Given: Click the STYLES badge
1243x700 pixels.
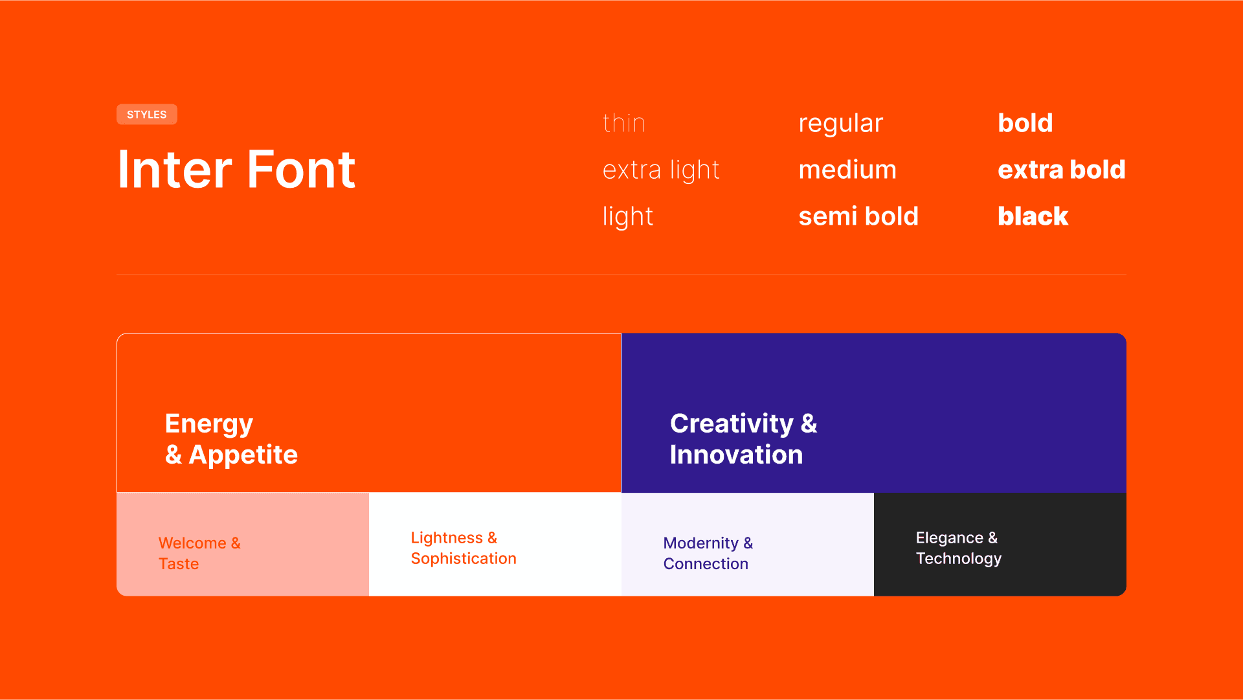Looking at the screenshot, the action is click(x=147, y=115).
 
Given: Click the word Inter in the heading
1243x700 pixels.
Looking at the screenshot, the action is click(x=175, y=170).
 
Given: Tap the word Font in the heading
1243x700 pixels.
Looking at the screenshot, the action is click(x=301, y=170).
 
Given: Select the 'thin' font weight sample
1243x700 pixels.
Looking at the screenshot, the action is click(x=624, y=123).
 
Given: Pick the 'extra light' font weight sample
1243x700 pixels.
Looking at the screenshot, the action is click(x=661, y=170).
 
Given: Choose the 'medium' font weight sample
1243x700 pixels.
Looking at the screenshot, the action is click(x=847, y=170).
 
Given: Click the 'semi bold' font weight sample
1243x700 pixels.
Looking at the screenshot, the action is click(x=858, y=216).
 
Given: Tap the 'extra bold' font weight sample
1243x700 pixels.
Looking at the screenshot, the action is click(x=1062, y=170).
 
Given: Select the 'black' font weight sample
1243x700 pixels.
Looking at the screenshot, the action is click(x=1033, y=216).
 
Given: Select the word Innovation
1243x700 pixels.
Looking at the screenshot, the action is click(x=737, y=455).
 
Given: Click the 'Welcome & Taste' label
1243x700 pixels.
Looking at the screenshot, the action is click(x=199, y=553).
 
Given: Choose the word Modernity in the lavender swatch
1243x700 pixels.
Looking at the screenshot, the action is click(x=701, y=544).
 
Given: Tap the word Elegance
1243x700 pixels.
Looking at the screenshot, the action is click(x=950, y=539).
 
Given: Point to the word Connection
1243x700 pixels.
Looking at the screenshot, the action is click(x=706, y=564).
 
